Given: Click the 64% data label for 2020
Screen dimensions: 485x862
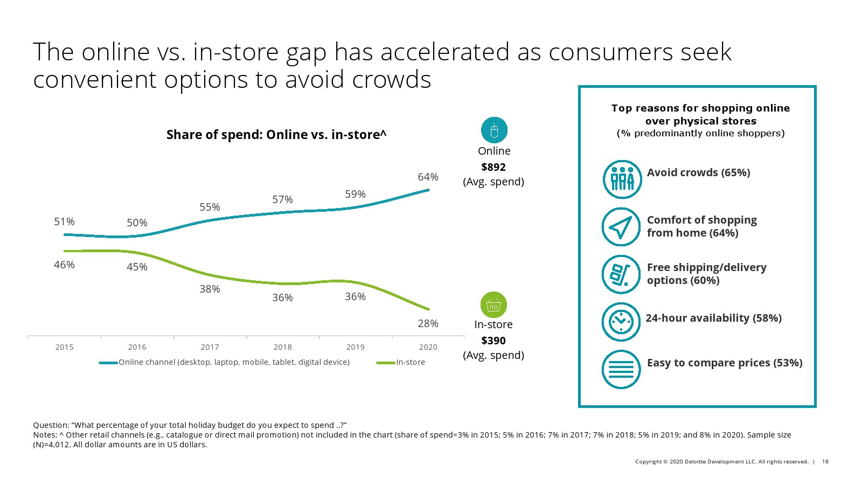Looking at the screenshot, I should pos(428,177).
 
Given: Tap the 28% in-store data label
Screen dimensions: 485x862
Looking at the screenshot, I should pos(428,323).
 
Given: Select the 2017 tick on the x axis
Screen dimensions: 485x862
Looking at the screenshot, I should pos(210,347).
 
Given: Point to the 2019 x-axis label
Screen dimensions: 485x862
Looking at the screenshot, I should pos(355,347).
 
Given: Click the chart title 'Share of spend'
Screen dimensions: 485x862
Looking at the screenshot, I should pos(276,135).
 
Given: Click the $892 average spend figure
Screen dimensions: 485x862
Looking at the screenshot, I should pos(493,167).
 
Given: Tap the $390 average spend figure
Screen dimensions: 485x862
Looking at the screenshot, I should pos(493,341).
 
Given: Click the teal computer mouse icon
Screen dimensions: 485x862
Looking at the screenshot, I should pos(494,130).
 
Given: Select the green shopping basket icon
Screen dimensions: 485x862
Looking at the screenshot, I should pos(493,305).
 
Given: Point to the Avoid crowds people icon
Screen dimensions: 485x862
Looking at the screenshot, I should pos(622,179).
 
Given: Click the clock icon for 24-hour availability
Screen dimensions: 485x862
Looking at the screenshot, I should pos(621,322).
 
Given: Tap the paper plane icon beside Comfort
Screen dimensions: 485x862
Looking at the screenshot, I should pos(621,227).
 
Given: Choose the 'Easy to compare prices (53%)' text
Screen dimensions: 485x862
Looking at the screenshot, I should pos(725,363).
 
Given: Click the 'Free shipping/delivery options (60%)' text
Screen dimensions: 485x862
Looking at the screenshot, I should pos(706,274).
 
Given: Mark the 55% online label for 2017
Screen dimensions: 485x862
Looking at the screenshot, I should pos(210,207).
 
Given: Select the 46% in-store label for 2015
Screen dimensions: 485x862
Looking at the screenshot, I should pos(64,265).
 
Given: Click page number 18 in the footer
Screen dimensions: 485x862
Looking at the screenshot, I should pos(825,461).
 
